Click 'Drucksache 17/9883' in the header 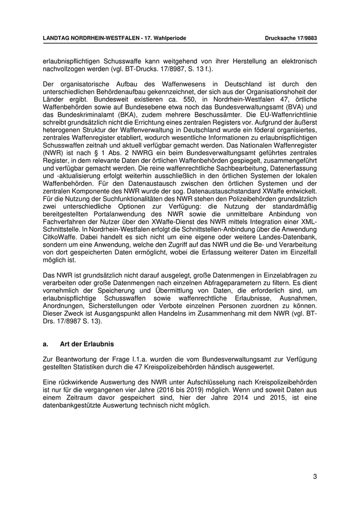291,38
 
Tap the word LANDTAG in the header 57,38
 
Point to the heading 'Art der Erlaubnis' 87,343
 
